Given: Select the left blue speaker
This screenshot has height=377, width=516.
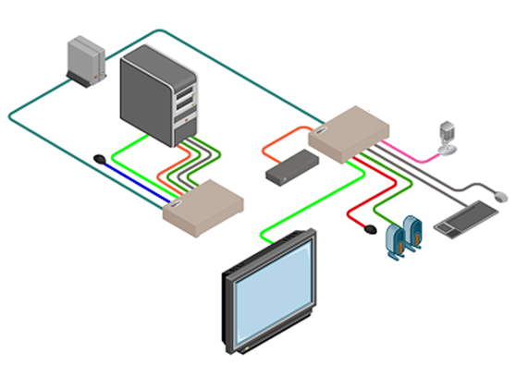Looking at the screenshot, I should click(x=392, y=242).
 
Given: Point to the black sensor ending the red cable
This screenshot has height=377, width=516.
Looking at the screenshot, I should click(x=371, y=225).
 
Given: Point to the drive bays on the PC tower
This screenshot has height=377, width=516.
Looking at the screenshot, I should click(x=185, y=97).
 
